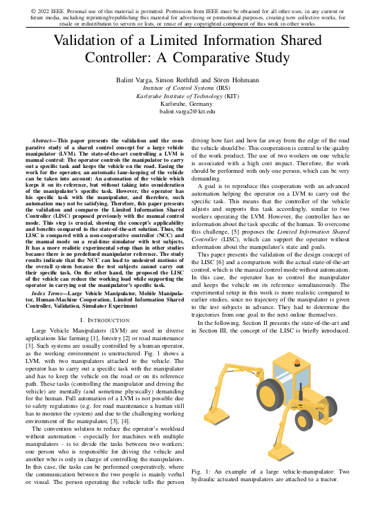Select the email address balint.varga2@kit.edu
[x=187, y=111]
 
